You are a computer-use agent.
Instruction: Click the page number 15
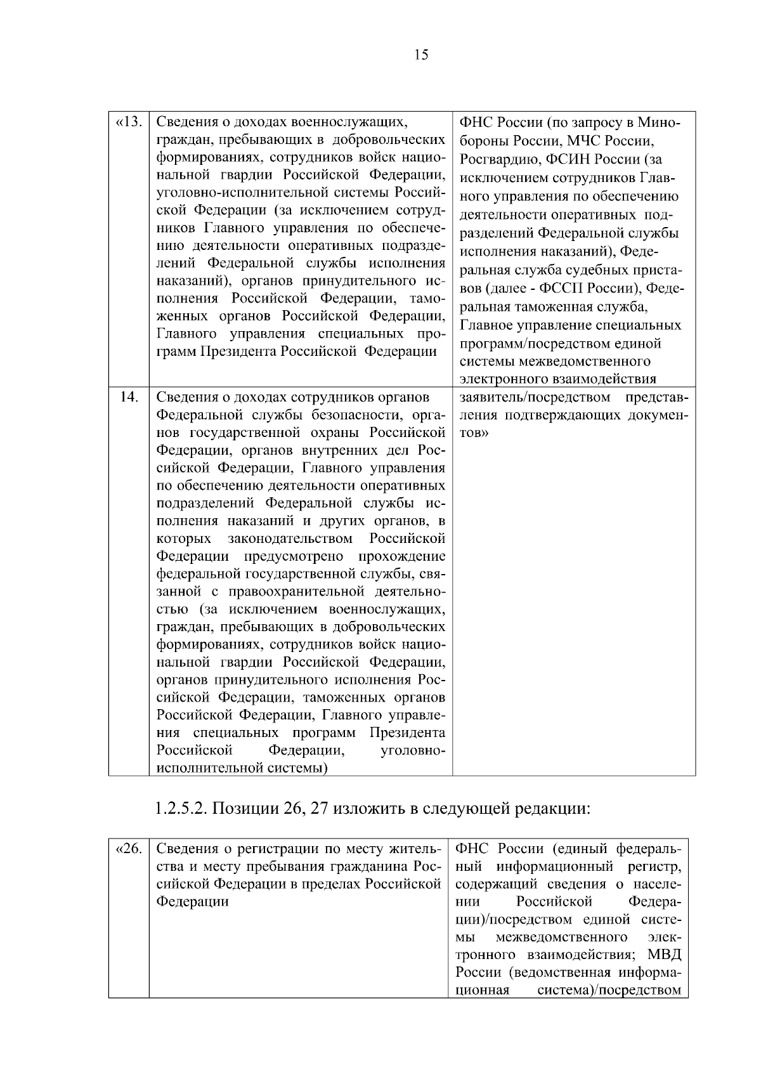point(421,55)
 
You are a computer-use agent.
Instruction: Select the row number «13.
point(129,122)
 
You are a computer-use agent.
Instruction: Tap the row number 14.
point(129,398)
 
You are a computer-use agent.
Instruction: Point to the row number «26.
point(129,849)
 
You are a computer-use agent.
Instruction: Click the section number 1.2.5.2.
point(181,809)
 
